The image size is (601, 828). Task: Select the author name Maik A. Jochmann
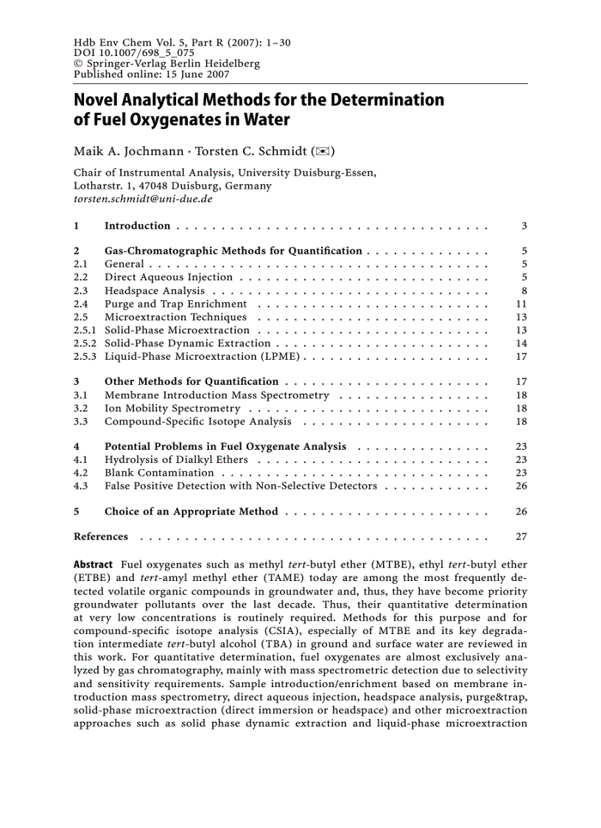[x=126, y=152]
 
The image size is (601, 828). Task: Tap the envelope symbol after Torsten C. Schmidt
[x=323, y=152]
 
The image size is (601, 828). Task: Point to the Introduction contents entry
[x=137, y=226]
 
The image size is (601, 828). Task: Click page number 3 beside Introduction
[x=524, y=226]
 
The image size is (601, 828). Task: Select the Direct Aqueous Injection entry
[x=168, y=277]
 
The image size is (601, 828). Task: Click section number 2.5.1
[x=85, y=330]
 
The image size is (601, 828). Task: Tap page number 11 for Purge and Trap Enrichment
[x=521, y=304]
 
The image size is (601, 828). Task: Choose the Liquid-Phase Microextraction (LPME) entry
[x=202, y=356]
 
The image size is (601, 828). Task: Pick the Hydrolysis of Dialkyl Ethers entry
[x=176, y=459]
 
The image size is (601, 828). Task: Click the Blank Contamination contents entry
[x=159, y=473]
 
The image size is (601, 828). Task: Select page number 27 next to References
[x=521, y=537]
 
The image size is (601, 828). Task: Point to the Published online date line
[x=151, y=74]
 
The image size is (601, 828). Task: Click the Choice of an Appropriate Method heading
[x=191, y=511]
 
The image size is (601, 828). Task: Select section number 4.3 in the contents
[x=81, y=486]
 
